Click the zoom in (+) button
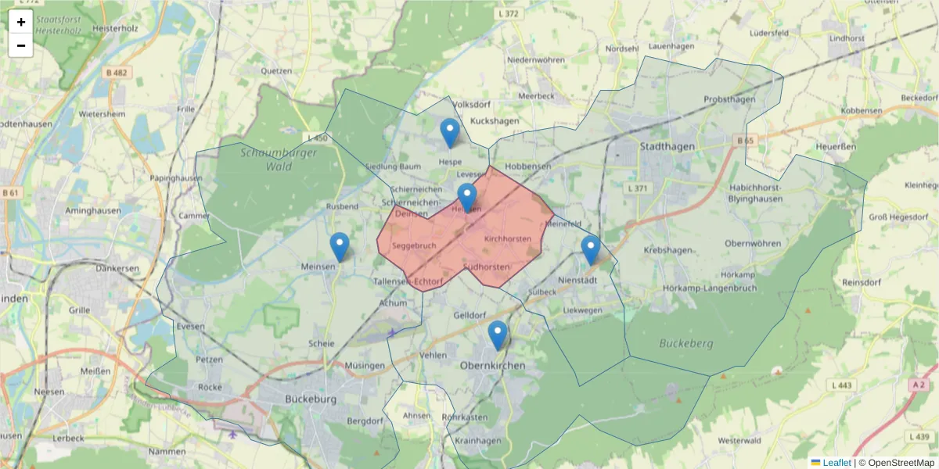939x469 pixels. (x=21, y=21)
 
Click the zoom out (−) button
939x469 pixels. (x=21, y=45)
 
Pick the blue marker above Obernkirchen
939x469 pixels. (x=498, y=335)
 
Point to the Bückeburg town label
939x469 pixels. (x=311, y=399)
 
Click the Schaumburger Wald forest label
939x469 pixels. (x=279, y=159)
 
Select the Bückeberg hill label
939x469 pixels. (x=685, y=343)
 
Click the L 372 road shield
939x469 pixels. (x=509, y=14)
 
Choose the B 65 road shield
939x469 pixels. (x=745, y=141)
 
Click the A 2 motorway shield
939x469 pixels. (x=918, y=385)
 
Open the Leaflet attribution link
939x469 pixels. (x=836, y=463)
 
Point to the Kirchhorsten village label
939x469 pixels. (x=508, y=238)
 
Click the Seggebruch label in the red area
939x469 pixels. (x=414, y=245)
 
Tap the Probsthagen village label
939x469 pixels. (x=729, y=99)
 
